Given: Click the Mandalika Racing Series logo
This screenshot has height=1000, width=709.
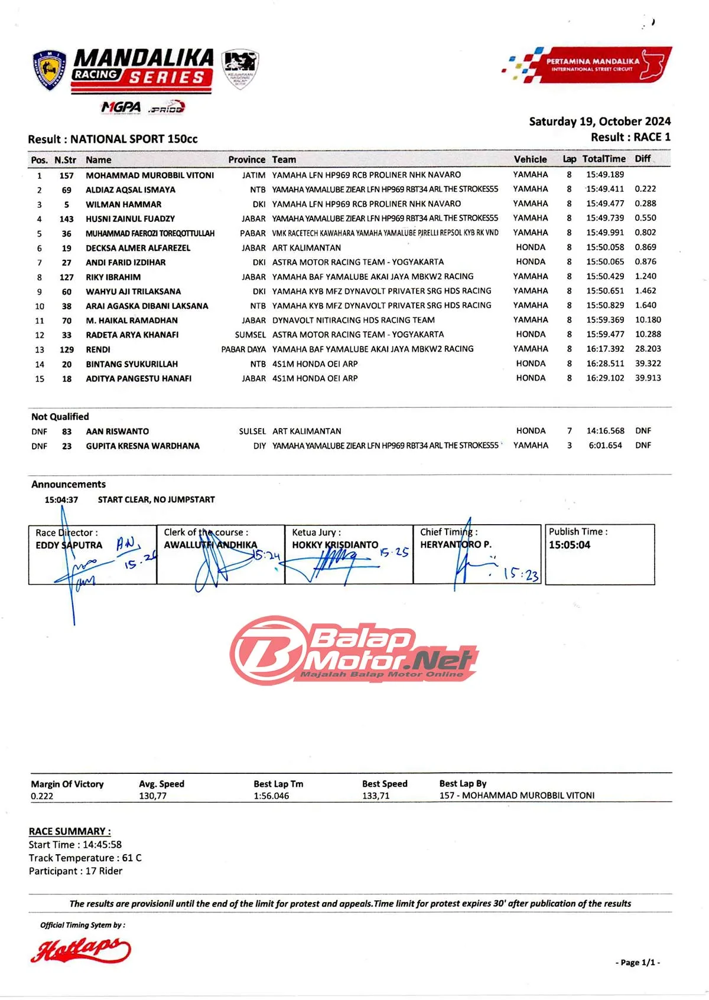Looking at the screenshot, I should point(142,71).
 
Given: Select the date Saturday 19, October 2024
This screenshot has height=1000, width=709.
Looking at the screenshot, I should point(600,122).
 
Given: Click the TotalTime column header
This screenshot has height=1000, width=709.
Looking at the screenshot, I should point(604,159).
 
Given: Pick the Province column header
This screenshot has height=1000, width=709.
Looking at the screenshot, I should point(246,160).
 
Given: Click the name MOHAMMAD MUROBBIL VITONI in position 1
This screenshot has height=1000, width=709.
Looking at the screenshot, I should point(150,175).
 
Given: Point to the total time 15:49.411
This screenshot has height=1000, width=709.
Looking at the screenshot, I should point(605,189).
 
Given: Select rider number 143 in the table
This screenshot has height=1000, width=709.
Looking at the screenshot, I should point(67,219).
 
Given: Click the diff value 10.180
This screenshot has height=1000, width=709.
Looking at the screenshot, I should point(648,320).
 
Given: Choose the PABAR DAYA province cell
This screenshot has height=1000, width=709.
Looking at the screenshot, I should point(243,349).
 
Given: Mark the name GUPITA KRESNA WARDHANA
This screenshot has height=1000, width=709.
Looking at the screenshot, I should point(142,446).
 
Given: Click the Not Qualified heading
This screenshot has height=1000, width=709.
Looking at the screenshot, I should point(60,417).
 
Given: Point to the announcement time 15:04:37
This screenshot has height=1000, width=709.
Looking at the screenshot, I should point(61,500).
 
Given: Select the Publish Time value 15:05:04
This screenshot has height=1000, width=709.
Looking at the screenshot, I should point(569,545).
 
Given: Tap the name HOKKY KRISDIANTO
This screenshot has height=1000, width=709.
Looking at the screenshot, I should point(335,545).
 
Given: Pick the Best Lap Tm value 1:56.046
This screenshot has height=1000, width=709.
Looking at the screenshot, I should point(271,796).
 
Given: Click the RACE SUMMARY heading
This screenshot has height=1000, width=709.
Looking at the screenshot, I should point(70,831).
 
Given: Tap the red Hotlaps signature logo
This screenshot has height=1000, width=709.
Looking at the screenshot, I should point(81,950).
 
